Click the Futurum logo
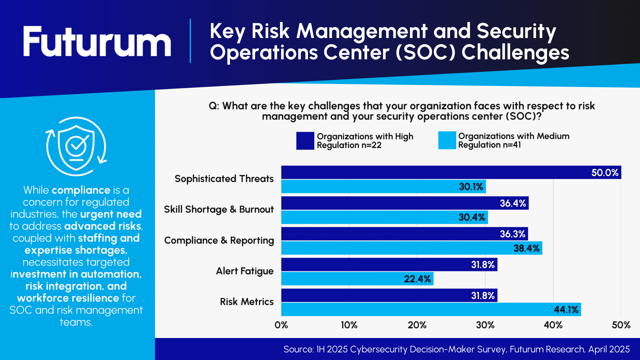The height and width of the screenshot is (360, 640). click(x=97, y=42)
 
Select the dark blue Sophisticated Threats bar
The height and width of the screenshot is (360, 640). click(x=433, y=172)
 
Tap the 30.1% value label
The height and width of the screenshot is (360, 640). click(x=471, y=187)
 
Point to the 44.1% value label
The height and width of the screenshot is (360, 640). click(x=566, y=310)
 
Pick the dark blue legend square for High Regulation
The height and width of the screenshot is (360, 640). click(x=305, y=141)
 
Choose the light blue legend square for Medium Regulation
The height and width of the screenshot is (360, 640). click(x=447, y=140)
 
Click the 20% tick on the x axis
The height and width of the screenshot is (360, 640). click(x=417, y=325)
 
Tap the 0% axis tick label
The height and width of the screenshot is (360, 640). click(x=281, y=325)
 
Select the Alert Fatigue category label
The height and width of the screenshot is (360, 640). click(x=245, y=271)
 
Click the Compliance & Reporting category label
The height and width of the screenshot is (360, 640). click(x=219, y=240)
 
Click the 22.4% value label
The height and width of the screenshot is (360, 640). click(x=417, y=279)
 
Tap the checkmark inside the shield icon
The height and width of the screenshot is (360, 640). click(x=77, y=144)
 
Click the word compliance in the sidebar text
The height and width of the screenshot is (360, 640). click(x=81, y=190)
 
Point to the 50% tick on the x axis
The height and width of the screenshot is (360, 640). click(x=621, y=325)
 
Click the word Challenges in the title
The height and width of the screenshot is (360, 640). click(x=515, y=53)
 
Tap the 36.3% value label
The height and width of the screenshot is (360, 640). click(x=512, y=234)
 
